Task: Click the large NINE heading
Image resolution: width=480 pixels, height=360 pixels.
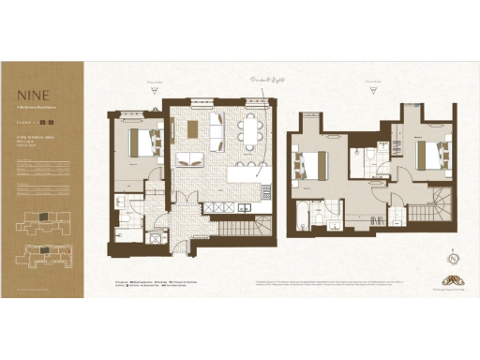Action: (x=29, y=95)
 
